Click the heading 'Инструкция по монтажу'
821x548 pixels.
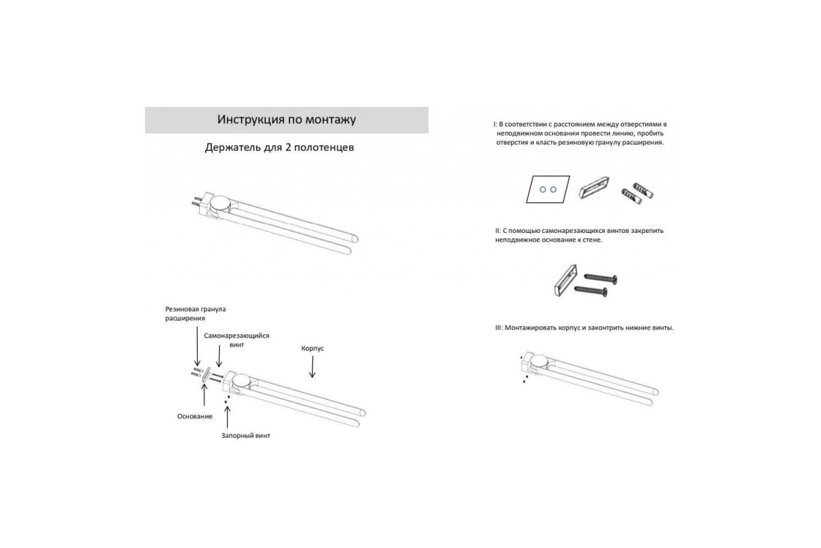286,120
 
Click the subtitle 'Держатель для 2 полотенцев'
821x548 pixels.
279,147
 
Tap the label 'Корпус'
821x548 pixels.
312,349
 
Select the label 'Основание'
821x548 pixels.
194,416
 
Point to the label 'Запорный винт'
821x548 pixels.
246,436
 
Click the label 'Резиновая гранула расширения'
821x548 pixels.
196,314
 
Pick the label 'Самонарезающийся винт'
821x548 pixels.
237,340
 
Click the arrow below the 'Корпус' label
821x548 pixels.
312,366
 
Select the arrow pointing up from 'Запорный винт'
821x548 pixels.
227,417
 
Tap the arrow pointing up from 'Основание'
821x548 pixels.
204,395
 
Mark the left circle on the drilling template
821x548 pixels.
543,189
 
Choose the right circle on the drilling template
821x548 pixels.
553,189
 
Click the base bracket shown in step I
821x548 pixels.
594,187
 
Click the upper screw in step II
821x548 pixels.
601,278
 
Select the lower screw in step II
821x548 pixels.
590,290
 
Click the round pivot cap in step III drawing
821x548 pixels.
540,361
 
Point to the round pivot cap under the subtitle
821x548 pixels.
220,203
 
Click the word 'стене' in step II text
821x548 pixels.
592,240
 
